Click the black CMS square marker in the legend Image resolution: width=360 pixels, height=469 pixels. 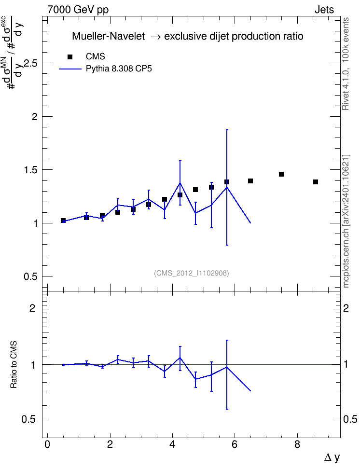click(70, 57)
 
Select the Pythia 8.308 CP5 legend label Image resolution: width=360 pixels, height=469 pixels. click(119, 69)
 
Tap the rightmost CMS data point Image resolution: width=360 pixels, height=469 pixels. click(316, 182)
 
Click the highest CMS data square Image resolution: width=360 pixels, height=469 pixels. click(281, 174)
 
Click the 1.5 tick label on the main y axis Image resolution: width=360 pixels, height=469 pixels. click(31, 170)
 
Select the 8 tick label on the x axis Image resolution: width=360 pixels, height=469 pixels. click(297, 444)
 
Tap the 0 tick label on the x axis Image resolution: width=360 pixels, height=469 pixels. click(47, 444)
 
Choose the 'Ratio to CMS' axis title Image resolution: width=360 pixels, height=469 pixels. click(14, 365)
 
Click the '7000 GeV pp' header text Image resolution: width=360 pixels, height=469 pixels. click(78, 10)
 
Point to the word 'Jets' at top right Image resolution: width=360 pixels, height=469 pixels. click(324, 10)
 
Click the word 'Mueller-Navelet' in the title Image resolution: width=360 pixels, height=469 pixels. click(108, 36)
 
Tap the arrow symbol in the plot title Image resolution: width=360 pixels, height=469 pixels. click(155, 37)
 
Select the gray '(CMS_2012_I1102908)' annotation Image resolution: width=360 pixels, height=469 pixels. click(192, 273)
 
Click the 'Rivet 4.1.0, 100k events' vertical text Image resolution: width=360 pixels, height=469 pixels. click(346, 64)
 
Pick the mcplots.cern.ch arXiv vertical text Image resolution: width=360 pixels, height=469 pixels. click(346, 221)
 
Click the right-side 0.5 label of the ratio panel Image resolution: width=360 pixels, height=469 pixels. click(350, 419)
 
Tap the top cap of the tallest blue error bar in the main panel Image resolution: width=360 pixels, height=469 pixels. click(227, 130)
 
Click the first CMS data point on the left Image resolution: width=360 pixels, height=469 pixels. click(63, 221)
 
